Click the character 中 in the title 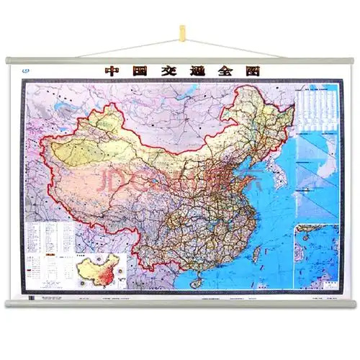112,71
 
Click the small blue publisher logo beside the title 29,71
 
